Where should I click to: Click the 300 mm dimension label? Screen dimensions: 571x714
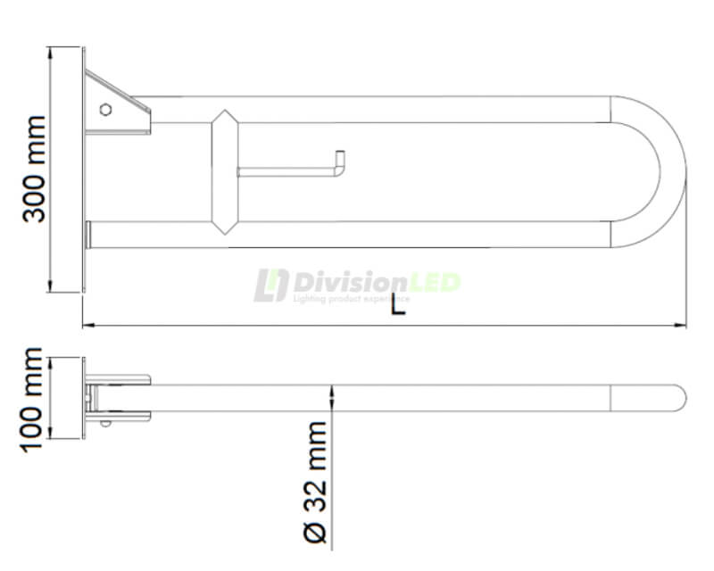coord(35,169)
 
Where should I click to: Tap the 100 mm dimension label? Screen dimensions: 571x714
coord(34,398)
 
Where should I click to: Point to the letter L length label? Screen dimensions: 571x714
coord(398,306)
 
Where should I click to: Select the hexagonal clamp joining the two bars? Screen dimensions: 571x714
coord(224,171)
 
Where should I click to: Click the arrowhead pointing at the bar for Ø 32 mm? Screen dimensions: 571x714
coord(333,390)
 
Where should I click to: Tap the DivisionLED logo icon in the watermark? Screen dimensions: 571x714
coord(270,285)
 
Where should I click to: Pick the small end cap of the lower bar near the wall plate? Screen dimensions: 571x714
coord(88,235)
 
